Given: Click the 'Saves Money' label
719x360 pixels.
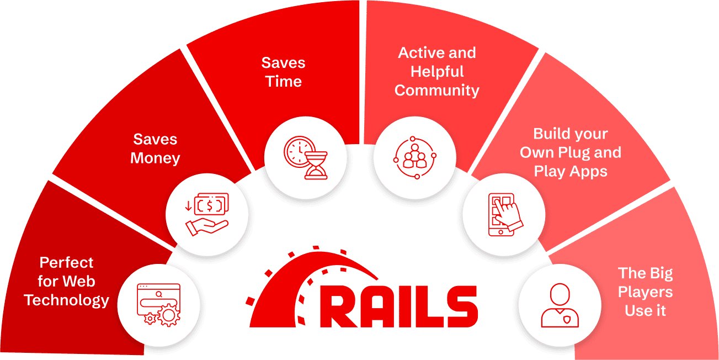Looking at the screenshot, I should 155,149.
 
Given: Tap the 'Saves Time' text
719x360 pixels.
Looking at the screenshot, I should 283,72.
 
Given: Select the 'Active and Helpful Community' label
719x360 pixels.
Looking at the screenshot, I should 437,72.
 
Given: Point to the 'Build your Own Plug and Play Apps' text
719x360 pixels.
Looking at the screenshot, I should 571,152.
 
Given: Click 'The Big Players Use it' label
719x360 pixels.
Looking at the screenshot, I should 645,292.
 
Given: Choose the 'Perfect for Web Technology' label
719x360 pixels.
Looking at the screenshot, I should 67,282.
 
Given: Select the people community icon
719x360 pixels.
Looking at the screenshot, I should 415,158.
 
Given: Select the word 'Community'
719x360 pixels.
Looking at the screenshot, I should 437,91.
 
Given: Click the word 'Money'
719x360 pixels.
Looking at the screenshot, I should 155,158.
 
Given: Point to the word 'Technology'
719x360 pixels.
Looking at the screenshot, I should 67,300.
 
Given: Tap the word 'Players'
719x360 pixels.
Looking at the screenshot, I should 645,292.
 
